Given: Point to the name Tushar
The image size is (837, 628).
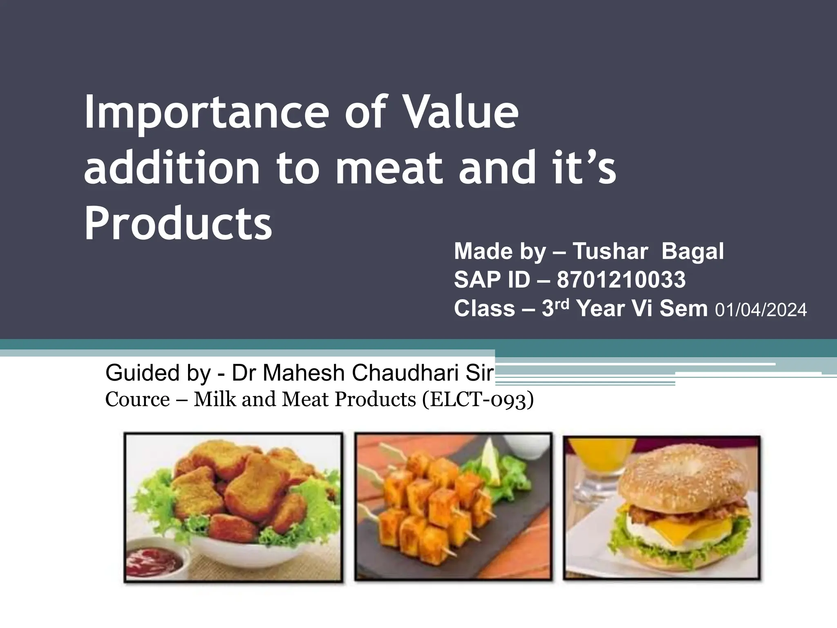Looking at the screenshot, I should tap(610, 251).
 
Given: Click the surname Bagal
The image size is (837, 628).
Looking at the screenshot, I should tap(693, 251).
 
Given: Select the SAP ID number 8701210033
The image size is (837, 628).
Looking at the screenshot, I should tap(621, 280).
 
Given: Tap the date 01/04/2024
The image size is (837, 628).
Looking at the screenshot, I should tap(761, 310).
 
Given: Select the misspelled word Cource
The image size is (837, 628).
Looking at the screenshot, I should tap(137, 399).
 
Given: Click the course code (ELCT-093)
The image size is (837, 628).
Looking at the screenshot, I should tap(478, 399).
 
